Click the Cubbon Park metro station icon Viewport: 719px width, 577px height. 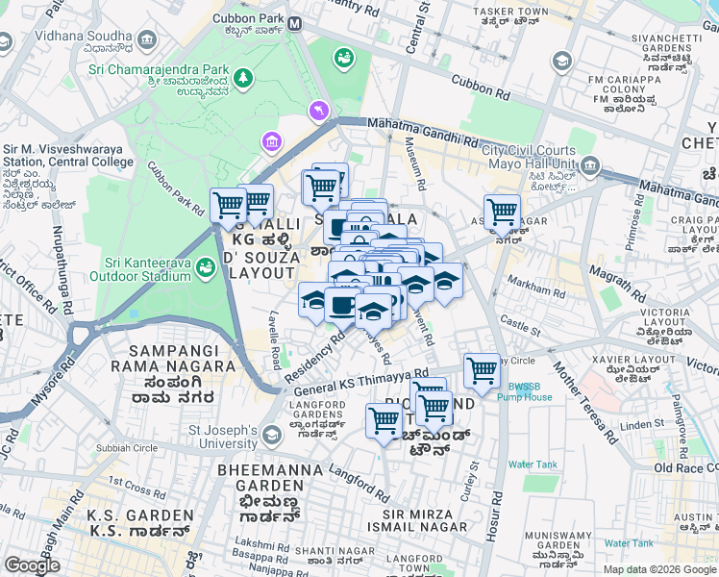[x=294, y=23]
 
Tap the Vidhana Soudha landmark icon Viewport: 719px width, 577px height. [x=147, y=39]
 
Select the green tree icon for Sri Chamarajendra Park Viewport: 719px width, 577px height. [x=245, y=76]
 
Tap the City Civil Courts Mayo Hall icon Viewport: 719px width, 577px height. [x=589, y=166]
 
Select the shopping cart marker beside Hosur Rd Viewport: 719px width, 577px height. [x=482, y=370]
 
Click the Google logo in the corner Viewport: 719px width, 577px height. [x=32, y=565]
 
